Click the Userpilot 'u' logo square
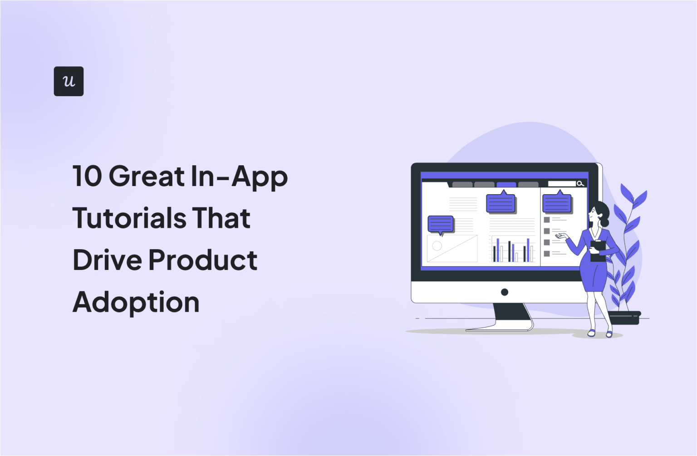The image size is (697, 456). (69, 81)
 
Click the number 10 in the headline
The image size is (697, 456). (87, 176)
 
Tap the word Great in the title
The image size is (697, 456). (147, 176)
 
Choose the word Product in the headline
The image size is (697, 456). (203, 260)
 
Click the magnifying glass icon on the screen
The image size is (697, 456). (580, 184)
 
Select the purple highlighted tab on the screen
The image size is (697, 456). (506, 185)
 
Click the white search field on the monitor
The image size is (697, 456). (561, 184)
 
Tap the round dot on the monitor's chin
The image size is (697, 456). (505, 292)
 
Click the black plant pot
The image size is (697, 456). (624, 317)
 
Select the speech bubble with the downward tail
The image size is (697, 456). (440, 224)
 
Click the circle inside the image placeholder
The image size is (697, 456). (437, 246)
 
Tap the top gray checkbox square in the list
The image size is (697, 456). (547, 220)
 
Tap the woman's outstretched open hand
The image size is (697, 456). (562, 235)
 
